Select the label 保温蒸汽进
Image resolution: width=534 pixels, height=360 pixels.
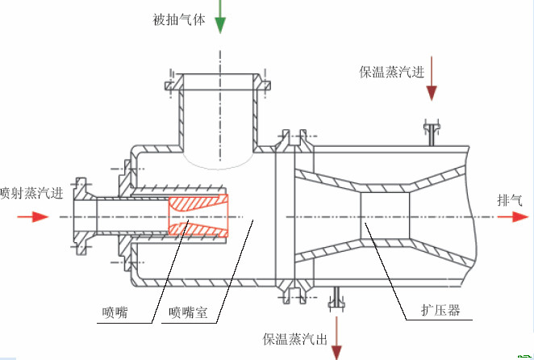[391, 72]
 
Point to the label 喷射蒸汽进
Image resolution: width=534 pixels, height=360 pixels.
[31, 193]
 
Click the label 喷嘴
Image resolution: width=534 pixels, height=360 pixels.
[115, 312]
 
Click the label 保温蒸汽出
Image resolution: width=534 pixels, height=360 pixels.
[294, 339]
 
